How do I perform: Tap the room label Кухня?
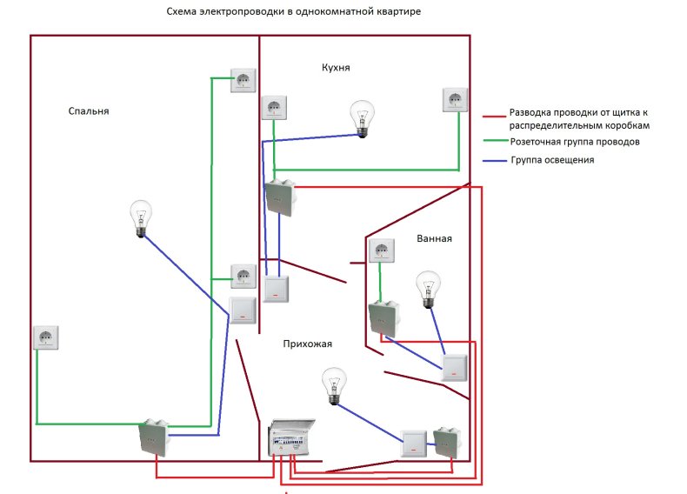tap(335, 68)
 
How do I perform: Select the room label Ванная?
tap(435, 238)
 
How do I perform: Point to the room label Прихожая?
tap(307, 344)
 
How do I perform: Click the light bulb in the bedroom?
tap(140, 218)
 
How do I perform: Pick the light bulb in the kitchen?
tap(362, 117)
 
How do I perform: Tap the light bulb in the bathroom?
tap(428, 290)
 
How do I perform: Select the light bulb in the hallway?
tap(334, 385)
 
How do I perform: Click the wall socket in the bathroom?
tap(382, 251)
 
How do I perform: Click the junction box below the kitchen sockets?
tap(280, 197)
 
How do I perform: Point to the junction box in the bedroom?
tap(155, 437)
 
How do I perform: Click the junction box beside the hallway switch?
tap(446, 442)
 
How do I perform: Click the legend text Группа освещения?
tap(552, 161)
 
